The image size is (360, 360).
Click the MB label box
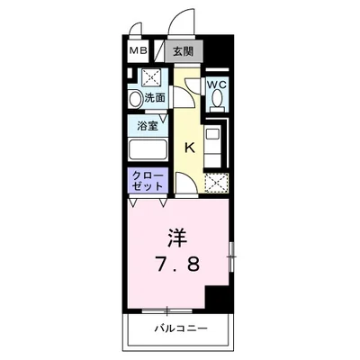(138, 52)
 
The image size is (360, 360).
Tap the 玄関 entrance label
(183, 52)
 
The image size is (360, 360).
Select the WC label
(217, 85)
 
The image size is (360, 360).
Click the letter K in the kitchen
(190, 146)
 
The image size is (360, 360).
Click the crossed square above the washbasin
(150, 76)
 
